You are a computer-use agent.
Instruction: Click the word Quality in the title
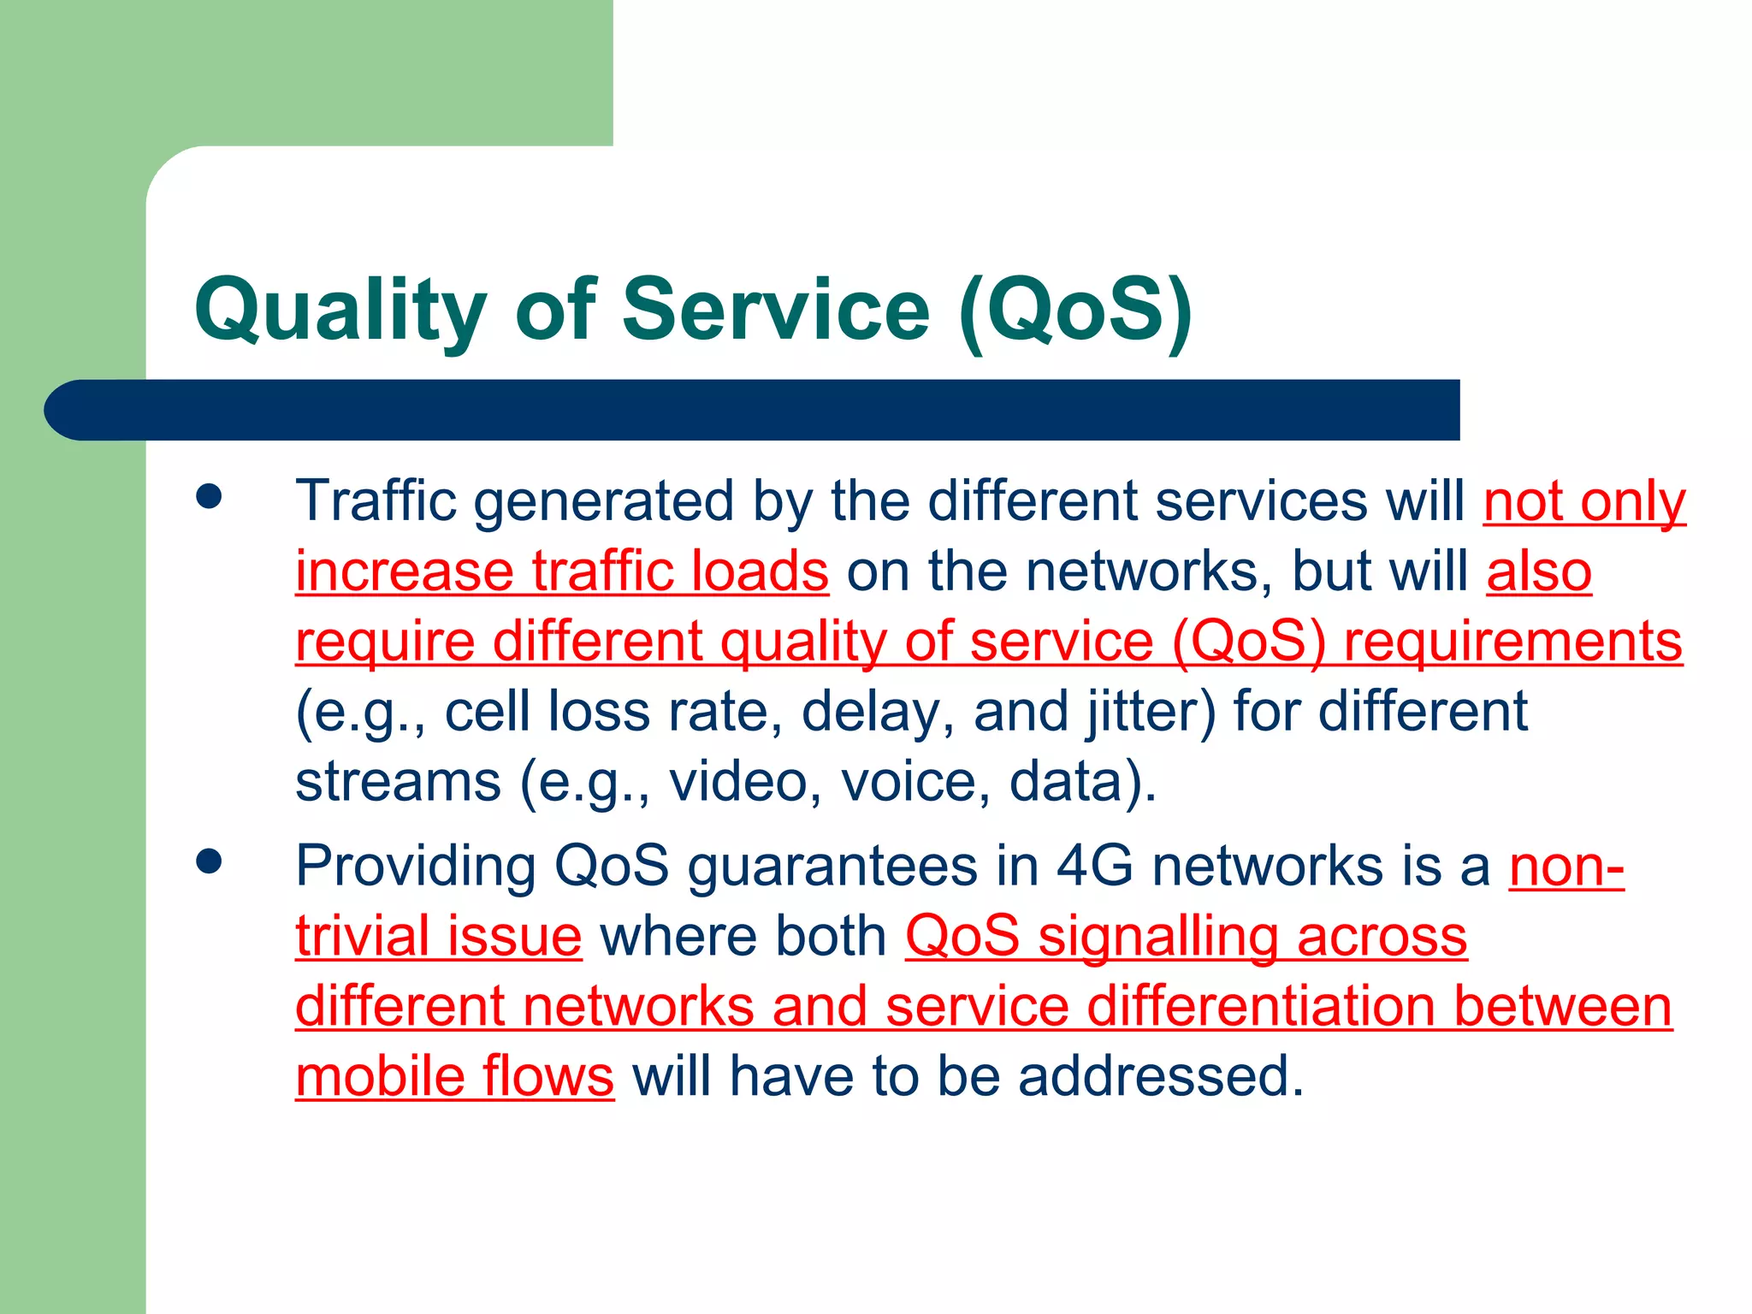coord(340,310)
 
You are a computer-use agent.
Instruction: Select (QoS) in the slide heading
coord(1075,310)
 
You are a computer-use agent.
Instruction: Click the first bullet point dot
coord(209,496)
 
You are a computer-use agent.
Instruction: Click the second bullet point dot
coord(209,861)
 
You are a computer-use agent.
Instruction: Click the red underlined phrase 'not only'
coord(1584,502)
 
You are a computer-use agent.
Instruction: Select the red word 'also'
coord(1538,571)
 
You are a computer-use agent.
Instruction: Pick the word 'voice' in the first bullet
coord(907,782)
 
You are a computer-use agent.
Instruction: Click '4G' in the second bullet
coord(1094,866)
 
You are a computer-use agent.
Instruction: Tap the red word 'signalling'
coord(1157,937)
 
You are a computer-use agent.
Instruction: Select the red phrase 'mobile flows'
coord(454,1076)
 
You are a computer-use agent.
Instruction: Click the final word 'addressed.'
coord(1161,1076)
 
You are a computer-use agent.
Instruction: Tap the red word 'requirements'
coord(1512,642)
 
